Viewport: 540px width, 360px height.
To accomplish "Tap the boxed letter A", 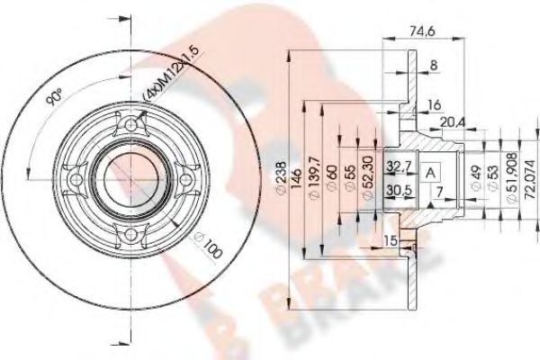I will tap(431, 172).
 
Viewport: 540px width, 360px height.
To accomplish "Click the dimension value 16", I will tap(434, 104).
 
